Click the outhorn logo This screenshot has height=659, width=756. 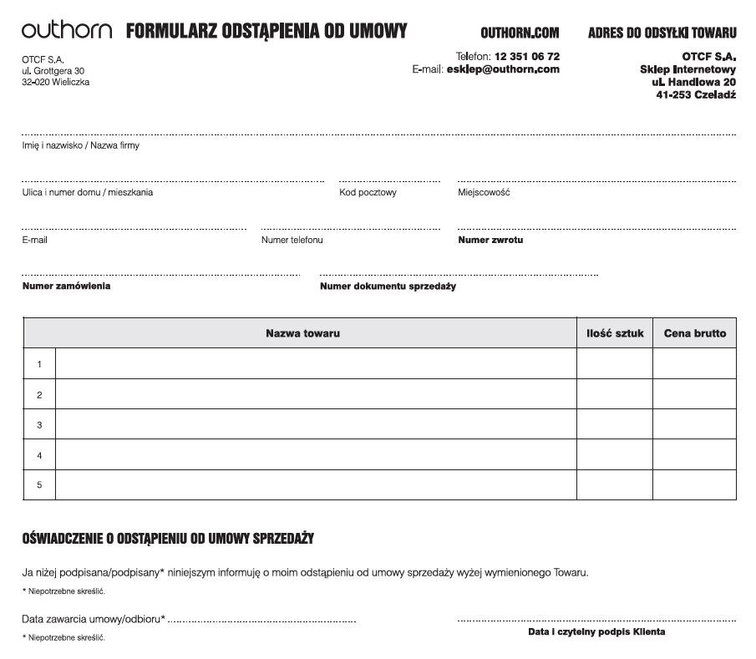pos(67,31)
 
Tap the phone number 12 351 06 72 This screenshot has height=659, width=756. pos(527,56)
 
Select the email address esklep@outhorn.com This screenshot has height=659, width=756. pos(503,69)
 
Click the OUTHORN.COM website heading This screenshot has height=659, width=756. pos(520,33)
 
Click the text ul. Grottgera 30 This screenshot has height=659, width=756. pos(53,71)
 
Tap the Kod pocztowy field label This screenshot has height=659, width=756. pos(368,192)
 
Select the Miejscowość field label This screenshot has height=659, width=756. pos(484,192)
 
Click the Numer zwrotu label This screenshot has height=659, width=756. pos(490,240)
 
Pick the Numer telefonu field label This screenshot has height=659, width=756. pos(292,240)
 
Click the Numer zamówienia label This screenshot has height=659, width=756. pos(66,286)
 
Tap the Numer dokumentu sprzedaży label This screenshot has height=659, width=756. pos(388,286)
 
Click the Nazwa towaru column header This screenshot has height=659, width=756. pos(302,333)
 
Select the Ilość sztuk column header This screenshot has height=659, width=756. pos(615,333)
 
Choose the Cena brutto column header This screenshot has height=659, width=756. pos(695,333)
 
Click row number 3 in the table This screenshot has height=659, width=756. pos(39,425)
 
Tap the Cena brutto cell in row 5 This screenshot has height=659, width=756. pos(694,484)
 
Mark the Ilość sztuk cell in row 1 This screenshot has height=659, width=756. pos(615,364)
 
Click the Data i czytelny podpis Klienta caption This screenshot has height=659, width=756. pos(596,632)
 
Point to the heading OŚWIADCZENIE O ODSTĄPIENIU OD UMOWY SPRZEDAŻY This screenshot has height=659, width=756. pos(168,539)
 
